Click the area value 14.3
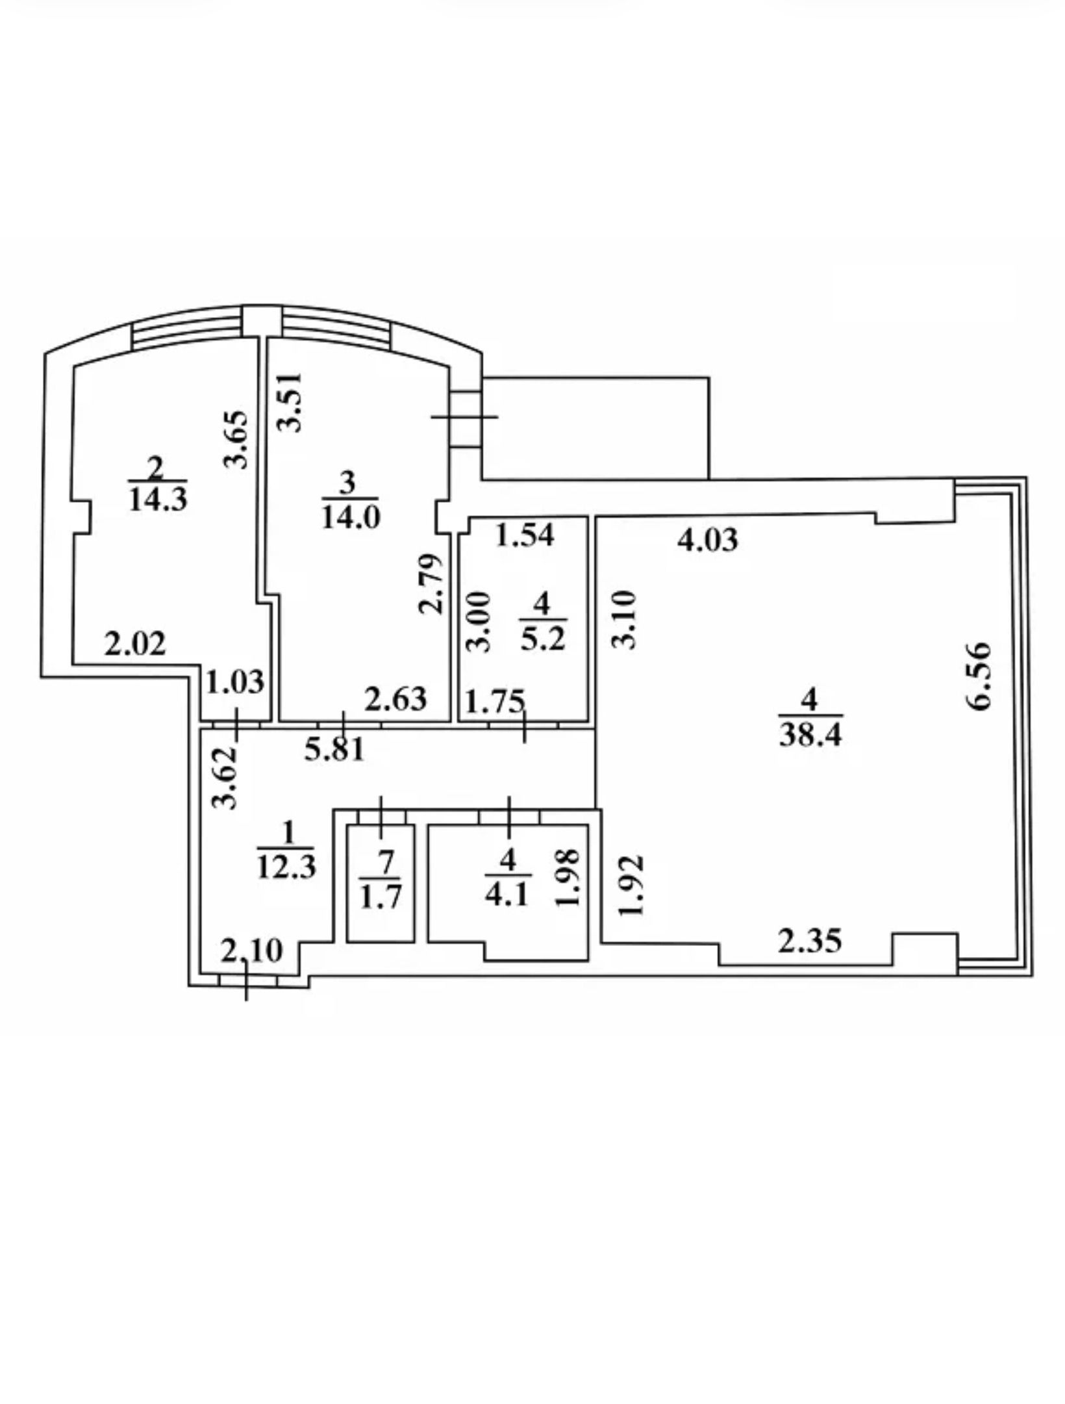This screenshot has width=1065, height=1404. (x=158, y=500)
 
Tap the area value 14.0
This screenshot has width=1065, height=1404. (x=351, y=517)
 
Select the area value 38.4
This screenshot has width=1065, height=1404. (x=810, y=736)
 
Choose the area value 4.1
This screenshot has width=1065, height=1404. (x=507, y=896)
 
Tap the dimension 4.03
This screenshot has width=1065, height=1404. (x=708, y=540)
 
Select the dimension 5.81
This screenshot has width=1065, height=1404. (x=334, y=750)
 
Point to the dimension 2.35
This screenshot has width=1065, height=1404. (x=810, y=940)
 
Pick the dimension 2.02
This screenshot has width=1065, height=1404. (x=136, y=644)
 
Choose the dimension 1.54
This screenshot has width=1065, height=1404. (x=525, y=535)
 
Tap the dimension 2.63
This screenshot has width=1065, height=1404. (x=396, y=699)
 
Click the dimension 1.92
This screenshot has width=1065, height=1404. (x=631, y=884)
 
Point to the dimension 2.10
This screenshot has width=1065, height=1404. (x=252, y=952)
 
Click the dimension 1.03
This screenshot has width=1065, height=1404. (x=235, y=682)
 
